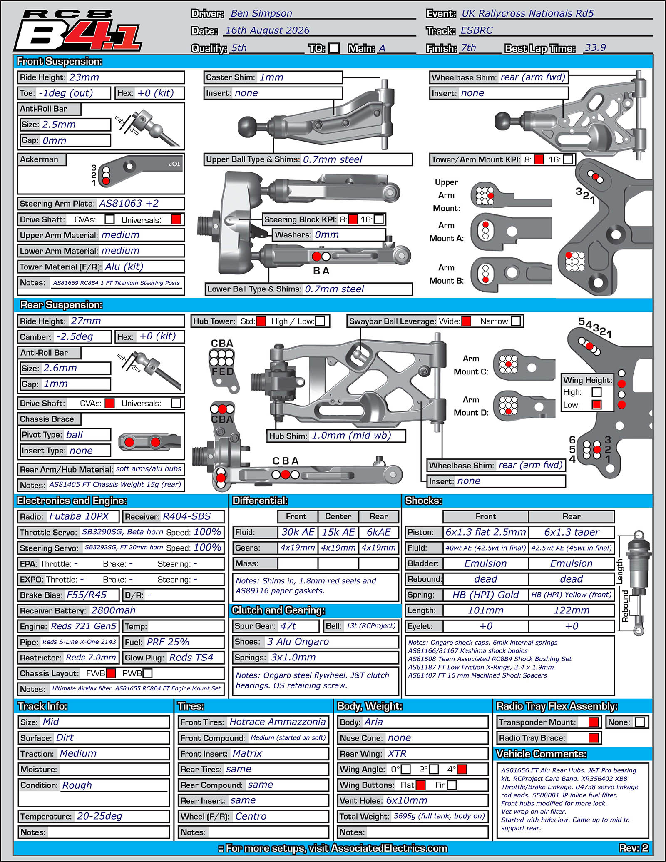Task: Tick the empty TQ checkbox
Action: coord(334,48)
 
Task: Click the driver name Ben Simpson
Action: coord(261,13)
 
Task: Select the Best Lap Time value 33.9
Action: coord(595,47)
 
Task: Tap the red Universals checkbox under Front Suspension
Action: coord(176,219)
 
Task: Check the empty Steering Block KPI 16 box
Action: coord(378,219)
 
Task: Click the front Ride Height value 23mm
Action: coord(84,77)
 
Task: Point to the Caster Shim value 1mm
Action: coord(271,77)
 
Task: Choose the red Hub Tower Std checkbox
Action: coord(261,321)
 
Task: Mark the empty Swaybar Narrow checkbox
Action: coord(516,321)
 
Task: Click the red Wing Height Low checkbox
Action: coord(596,404)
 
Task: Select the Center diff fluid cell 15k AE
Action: coord(338,532)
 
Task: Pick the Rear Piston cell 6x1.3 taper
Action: coord(572,532)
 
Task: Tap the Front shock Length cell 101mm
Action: coord(486,610)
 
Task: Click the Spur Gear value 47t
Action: coord(288,626)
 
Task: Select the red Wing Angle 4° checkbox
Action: coord(462,769)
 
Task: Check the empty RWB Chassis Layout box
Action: coord(147,673)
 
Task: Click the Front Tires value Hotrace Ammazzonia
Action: coord(278,722)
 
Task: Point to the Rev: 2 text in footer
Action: coord(634,848)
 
